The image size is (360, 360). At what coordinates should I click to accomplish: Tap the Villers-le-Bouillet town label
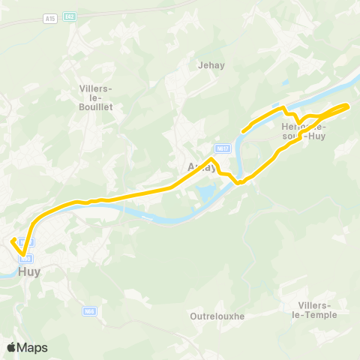[x=96, y=97]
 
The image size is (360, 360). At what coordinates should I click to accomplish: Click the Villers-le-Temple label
[x=317, y=310]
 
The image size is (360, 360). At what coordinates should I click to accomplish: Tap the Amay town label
[x=202, y=167]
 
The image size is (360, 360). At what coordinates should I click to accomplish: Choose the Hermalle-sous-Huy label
[x=303, y=132]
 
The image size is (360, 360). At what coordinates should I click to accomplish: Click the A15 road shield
[x=49, y=17]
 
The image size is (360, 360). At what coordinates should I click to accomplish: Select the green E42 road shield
[x=70, y=17]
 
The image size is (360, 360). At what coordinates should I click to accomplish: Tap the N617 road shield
[x=221, y=148]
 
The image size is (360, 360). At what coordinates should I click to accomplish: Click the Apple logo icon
[x=10, y=347]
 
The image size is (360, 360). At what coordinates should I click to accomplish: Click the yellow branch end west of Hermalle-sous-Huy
[x=242, y=132]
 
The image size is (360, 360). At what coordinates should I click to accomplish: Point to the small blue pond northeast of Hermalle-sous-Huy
[x=286, y=84]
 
